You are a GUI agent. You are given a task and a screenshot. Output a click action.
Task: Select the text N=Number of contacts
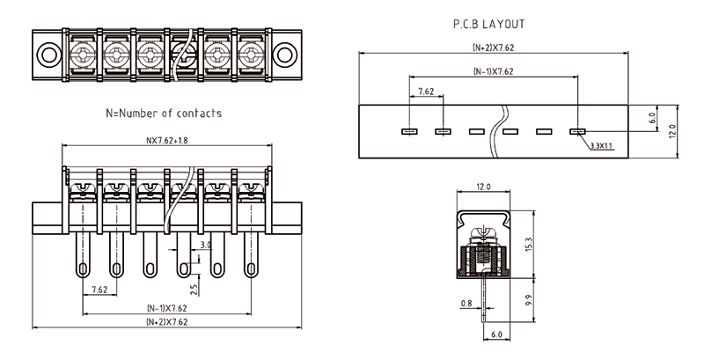(164, 114)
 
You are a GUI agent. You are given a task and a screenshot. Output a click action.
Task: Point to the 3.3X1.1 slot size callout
(603, 146)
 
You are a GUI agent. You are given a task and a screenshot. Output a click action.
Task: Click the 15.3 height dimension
(527, 242)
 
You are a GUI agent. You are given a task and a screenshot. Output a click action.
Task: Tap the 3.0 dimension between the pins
(205, 245)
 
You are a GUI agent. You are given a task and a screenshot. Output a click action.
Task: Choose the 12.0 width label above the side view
(483, 187)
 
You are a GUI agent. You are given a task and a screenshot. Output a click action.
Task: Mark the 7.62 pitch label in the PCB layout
(426, 92)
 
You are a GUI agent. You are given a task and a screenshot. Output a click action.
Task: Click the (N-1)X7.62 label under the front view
(166, 308)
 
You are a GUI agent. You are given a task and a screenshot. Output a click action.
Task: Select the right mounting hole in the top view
(284, 55)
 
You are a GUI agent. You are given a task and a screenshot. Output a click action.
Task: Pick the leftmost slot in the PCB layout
(409, 132)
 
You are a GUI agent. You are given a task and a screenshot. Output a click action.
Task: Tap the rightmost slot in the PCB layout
(577, 132)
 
